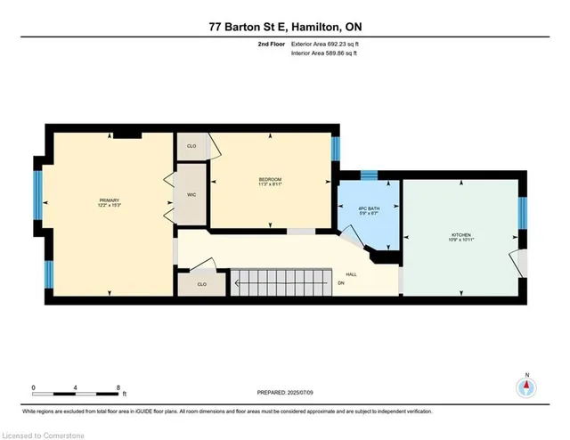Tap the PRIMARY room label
pos(109,201)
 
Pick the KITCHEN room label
pos(461,236)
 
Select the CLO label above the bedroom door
pos(191,145)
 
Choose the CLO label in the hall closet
pos(201,285)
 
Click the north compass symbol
pos(526,387)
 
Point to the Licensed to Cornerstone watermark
pos(45,433)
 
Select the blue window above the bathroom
pos(368,173)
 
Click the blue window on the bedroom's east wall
pos(336,148)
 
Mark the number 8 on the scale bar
pos(118,387)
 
